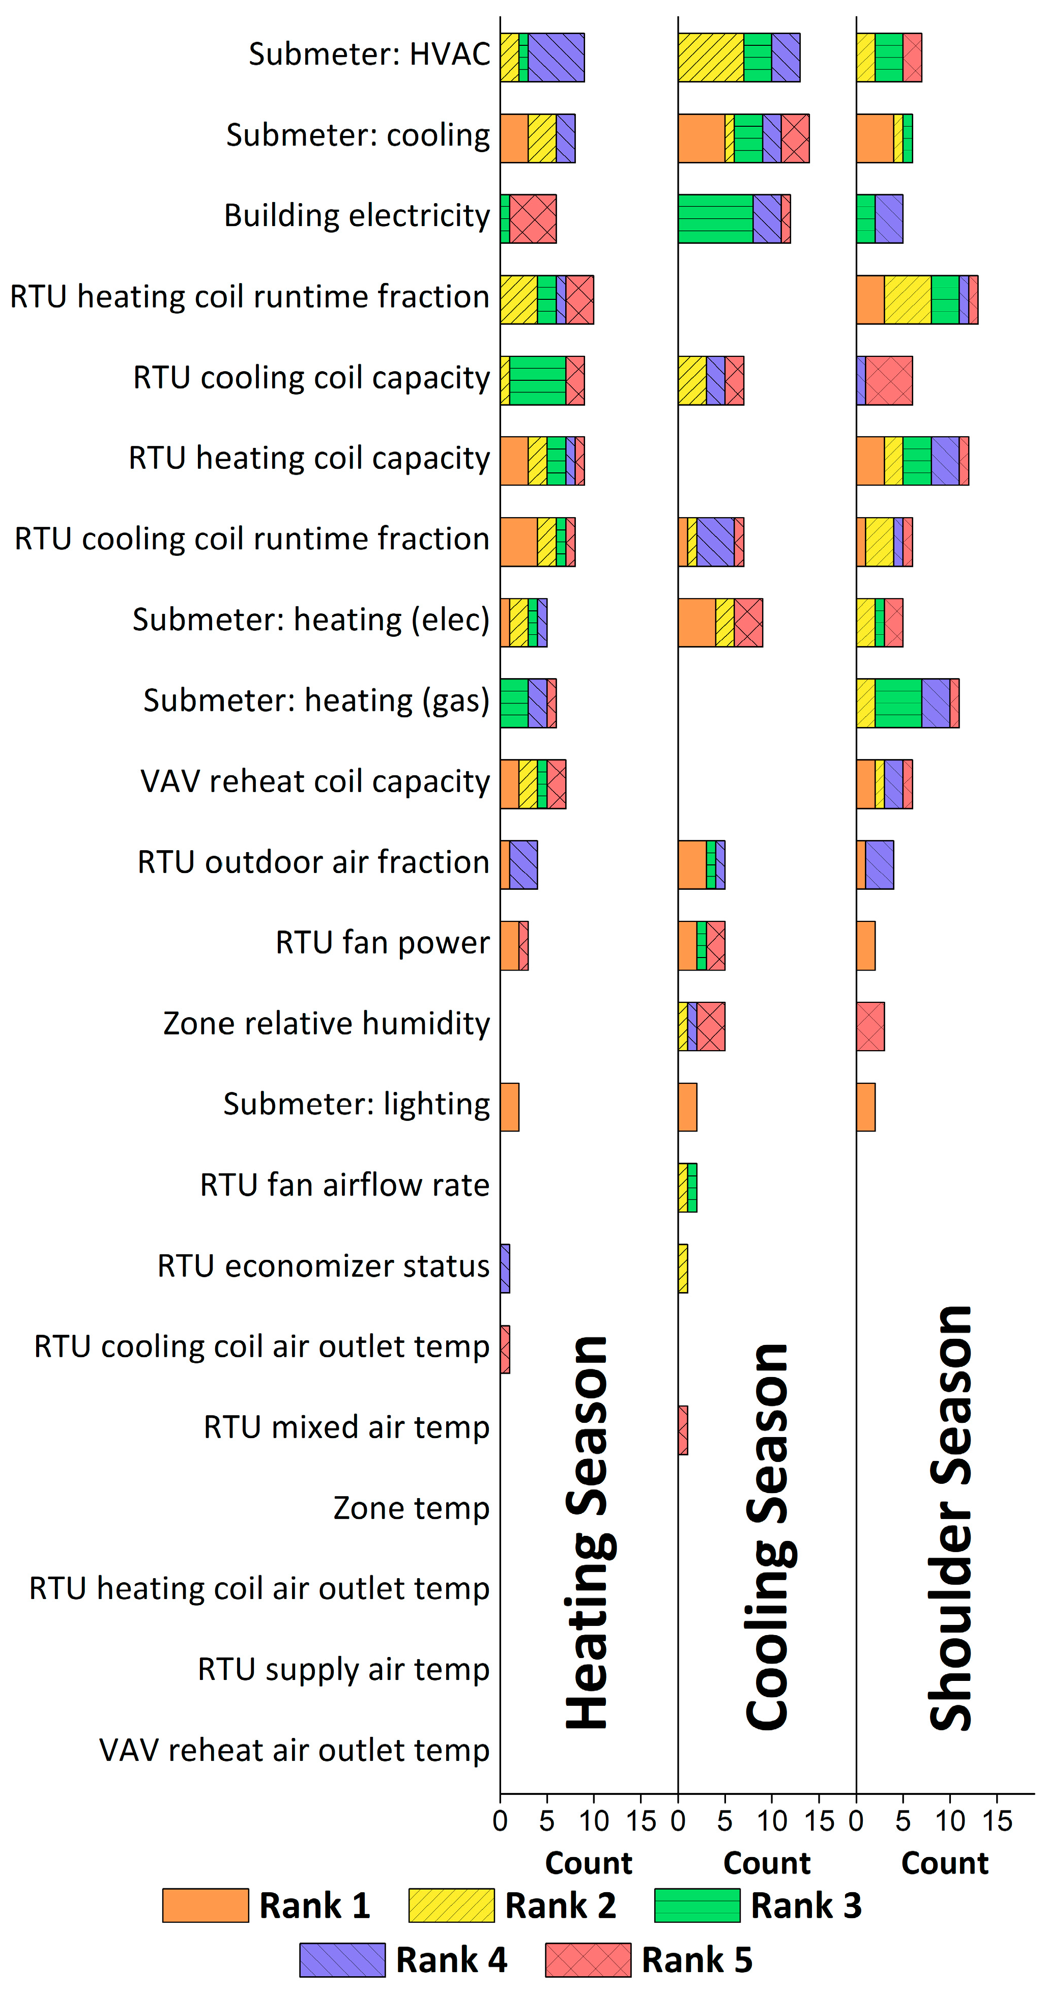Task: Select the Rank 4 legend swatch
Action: point(342,1959)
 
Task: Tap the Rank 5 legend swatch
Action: point(588,1959)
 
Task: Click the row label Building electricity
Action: point(357,216)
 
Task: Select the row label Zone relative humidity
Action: point(326,1024)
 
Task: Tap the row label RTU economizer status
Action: point(324,1266)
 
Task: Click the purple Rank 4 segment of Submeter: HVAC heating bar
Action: point(556,58)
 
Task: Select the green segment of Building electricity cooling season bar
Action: point(715,218)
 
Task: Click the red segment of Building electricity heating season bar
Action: point(533,218)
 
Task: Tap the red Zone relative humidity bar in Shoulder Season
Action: point(870,1026)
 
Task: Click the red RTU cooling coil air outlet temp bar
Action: point(505,1349)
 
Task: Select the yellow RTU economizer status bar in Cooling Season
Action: point(683,1269)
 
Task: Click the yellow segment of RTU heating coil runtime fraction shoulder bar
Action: point(908,300)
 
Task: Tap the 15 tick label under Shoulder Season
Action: point(997,1821)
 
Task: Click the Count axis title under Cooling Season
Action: point(767,1863)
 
